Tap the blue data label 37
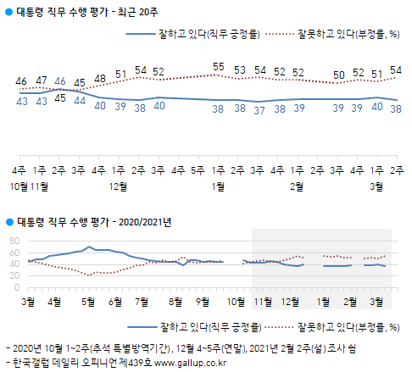click(x=259, y=108)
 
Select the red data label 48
click(x=100, y=79)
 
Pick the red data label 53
click(x=239, y=69)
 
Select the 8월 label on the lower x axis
click(x=175, y=301)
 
